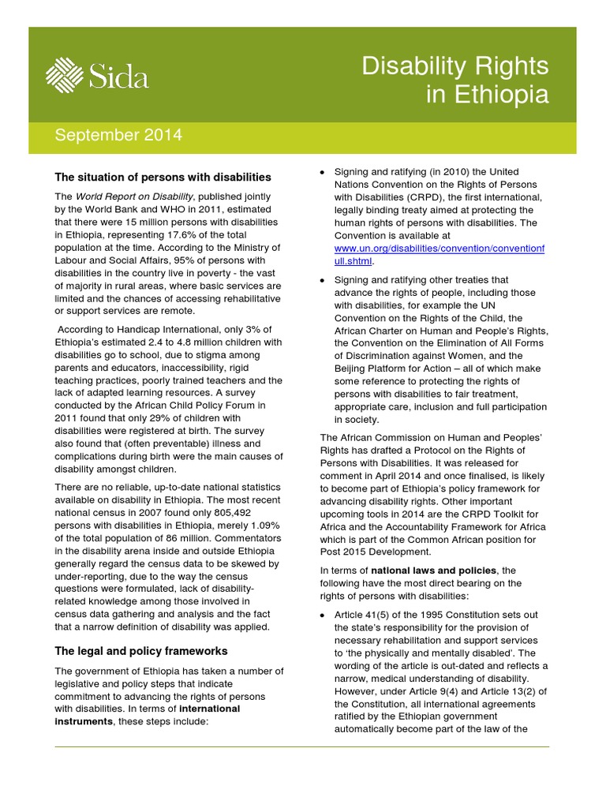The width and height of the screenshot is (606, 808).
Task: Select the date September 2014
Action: coord(118,136)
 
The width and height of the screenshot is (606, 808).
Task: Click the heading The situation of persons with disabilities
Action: coord(163,177)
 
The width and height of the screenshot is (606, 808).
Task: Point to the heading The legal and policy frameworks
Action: coord(140,651)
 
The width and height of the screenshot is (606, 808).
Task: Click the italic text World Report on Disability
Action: coord(134,196)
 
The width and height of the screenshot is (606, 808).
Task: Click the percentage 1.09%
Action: coord(266,526)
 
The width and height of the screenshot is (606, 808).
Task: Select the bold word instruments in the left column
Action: coord(84,721)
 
